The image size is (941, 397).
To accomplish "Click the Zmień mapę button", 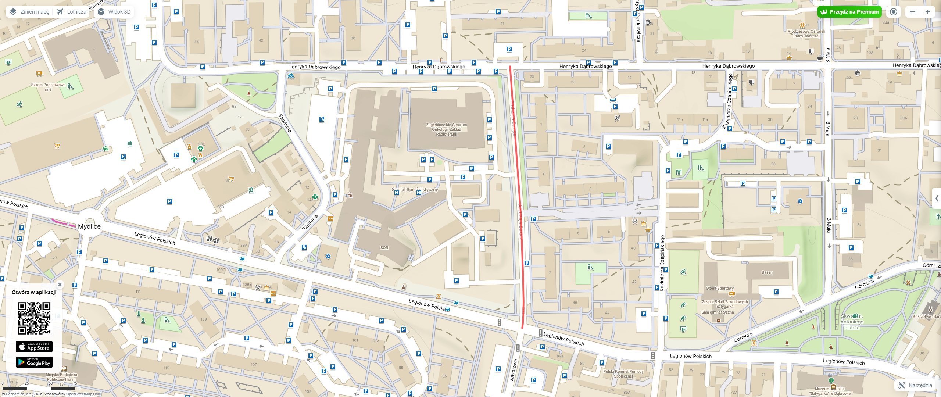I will [x=29, y=12].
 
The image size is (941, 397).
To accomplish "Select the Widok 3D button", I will [x=114, y=12].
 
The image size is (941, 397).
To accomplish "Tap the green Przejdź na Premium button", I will [x=849, y=12].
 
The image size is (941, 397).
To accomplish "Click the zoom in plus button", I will [x=928, y=12].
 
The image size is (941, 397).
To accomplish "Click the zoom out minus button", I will [x=913, y=12].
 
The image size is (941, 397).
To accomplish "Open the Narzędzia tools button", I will [x=915, y=385].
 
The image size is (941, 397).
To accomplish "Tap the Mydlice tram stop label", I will [x=89, y=226].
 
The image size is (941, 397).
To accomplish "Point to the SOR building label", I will [x=384, y=248].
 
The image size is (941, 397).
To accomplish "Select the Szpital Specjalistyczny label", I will [x=415, y=189].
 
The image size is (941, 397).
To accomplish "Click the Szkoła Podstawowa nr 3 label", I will [x=48, y=87].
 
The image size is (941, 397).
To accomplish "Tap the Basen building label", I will [x=767, y=272].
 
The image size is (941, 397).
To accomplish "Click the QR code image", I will [x=34, y=318].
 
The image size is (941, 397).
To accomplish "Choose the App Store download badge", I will [x=34, y=347].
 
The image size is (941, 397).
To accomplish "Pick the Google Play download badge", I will [x=34, y=362].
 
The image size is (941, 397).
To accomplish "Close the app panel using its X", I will [x=60, y=285].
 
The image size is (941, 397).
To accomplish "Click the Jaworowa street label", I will [x=514, y=370].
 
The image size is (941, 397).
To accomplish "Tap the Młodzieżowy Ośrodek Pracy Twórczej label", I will [x=806, y=34].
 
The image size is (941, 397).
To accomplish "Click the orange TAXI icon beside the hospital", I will [x=330, y=218].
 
